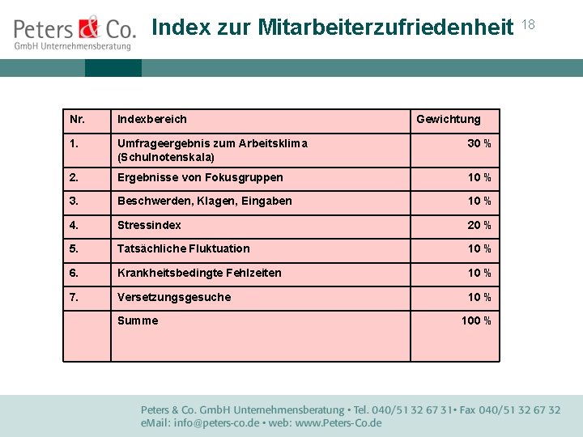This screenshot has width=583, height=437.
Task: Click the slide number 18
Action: pyautogui.click(x=529, y=25)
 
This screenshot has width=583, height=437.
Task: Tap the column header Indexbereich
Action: pyautogui.click(x=151, y=120)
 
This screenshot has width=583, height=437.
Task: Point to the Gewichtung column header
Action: pyautogui.click(x=448, y=120)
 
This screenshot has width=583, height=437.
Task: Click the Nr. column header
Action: pyautogui.click(x=78, y=120)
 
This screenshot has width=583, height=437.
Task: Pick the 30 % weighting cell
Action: pyautogui.click(x=479, y=143)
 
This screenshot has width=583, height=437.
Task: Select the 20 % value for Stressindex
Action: pyautogui.click(x=479, y=225)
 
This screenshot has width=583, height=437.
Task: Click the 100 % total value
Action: pyautogui.click(x=476, y=320)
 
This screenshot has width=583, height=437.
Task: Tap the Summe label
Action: pyautogui.click(x=138, y=320)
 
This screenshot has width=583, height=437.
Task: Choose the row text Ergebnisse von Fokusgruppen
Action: pyautogui.click(x=200, y=177)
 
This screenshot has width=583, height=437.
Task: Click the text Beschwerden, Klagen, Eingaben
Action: pyautogui.click(x=204, y=201)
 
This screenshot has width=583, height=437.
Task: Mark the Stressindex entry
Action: pyautogui.click(x=149, y=225)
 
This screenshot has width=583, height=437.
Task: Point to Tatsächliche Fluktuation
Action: pyautogui.click(x=183, y=248)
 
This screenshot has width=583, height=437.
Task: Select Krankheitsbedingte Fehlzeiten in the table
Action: pyautogui.click(x=199, y=273)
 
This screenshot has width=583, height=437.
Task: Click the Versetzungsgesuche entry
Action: pyautogui.click(x=174, y=297)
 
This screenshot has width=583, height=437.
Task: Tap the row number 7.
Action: pyautogui.click(x=74, y=297)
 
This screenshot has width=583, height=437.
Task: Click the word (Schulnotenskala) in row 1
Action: pyautogui.click(x=166, y=157)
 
